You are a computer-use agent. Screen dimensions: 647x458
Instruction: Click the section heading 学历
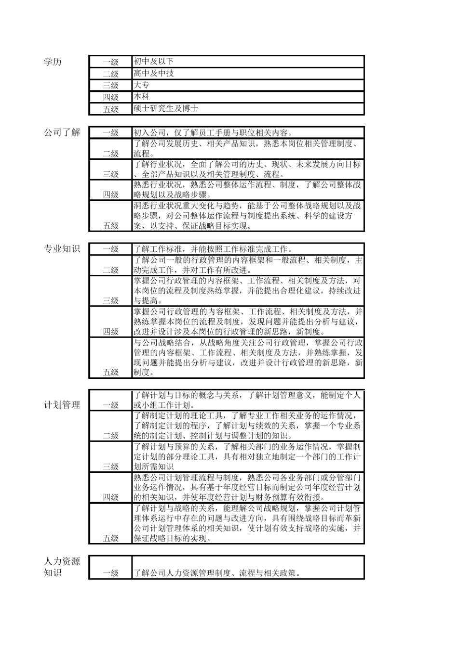click(53, 62)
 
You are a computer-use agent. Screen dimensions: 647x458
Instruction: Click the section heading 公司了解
click(62, 132)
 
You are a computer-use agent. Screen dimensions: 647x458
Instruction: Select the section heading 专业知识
click(62, 249)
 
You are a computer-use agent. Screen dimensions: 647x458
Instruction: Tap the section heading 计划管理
click(62, 405)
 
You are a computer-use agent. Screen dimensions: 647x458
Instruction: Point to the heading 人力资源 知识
click(62, 567)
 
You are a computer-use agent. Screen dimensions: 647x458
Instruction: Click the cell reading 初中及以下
click(153, 62)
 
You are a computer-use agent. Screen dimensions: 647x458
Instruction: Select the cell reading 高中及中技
click(154, 73)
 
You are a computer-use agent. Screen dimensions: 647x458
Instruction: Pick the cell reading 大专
click(142, 85)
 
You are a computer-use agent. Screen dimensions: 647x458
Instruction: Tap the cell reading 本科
click(142, 97)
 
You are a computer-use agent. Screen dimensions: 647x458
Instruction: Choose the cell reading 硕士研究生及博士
click(166, 109)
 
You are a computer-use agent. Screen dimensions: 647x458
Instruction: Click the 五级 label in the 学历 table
click(110, 109)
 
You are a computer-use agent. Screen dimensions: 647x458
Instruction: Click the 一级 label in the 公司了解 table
click(110, 133)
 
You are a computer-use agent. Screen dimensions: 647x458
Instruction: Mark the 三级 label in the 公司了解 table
click(110, 174)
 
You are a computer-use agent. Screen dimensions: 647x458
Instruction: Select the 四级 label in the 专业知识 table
click(110, 332)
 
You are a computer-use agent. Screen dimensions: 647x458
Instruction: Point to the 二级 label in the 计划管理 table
click(110, 436)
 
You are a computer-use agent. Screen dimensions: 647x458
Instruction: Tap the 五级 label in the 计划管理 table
click(110, 538)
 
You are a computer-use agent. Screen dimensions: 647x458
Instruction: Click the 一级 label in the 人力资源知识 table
click(110, 573)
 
